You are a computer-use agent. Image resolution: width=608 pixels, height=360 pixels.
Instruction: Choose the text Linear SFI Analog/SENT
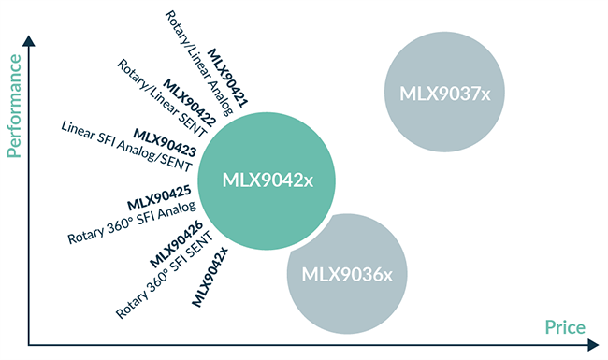pos(125,145)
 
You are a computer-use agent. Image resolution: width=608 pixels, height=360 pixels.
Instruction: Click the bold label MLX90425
pos(159,198)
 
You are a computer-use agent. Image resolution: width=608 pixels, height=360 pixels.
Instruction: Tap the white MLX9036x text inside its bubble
pos(347,275)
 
